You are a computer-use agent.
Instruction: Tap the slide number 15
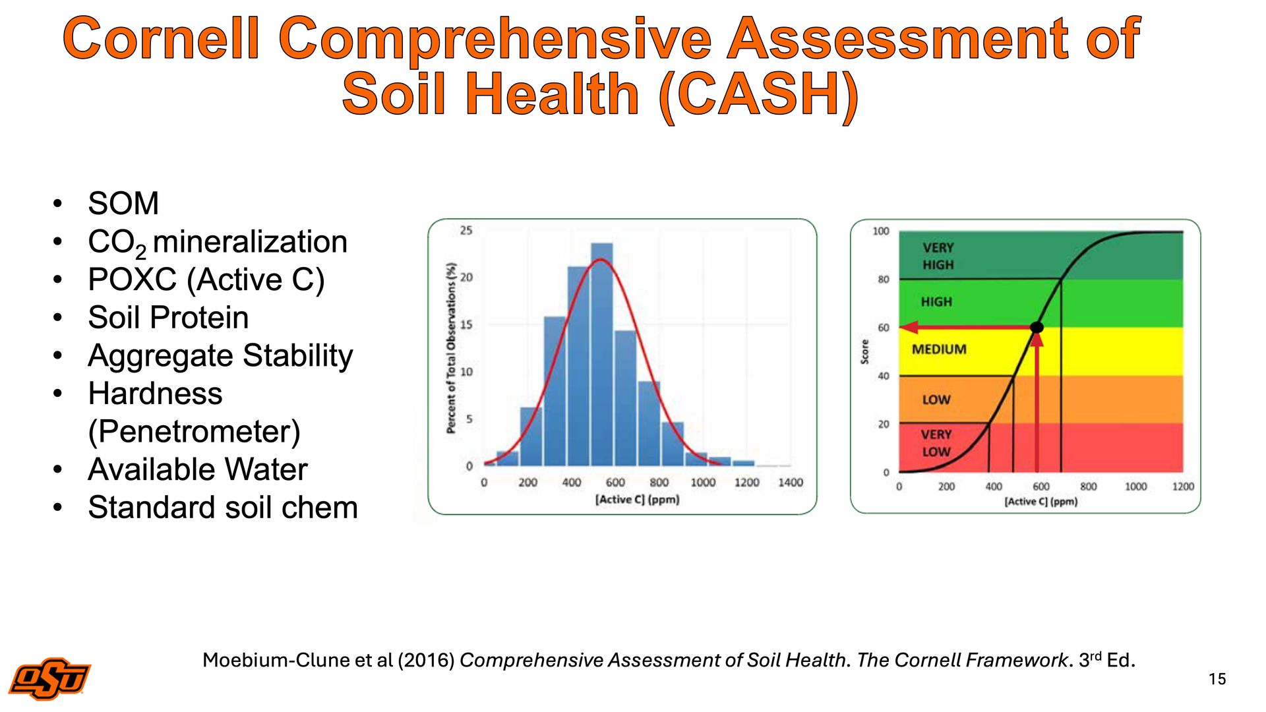tap(1217, 679)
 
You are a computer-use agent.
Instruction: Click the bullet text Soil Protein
tap(168, 318)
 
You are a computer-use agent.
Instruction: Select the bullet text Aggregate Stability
tap(220, 356)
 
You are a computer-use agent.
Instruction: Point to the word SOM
tap(123, 203)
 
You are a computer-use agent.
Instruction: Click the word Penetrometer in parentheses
tap(194, 432)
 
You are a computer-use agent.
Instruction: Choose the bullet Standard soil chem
tap(223, 508)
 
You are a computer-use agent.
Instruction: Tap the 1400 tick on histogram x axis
tap(790, 483)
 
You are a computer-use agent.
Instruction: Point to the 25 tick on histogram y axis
tap(466, 230)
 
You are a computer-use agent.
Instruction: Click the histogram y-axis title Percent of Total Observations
tap(451, 348)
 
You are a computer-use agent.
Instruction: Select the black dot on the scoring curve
tap(1037, 327)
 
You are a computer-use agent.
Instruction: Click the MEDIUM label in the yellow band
tap(939, 349)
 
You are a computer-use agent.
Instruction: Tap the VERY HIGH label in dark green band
tap(938, 256)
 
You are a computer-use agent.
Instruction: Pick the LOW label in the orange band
tap(936, 400)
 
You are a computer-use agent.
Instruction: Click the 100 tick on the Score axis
tap(881, 231)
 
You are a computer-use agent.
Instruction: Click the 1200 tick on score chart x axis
tap(1183, 487)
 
